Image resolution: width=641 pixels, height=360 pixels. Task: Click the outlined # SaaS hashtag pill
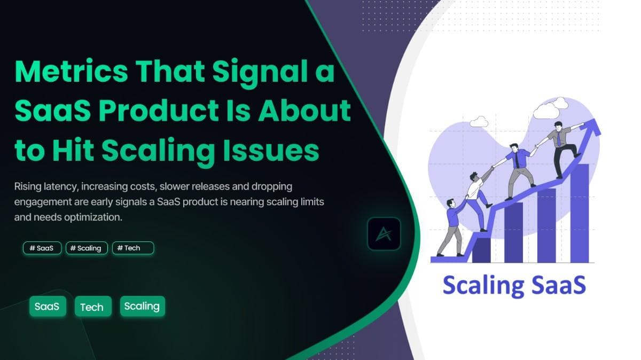[42, 248]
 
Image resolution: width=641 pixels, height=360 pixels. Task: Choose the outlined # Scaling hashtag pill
[87, 248]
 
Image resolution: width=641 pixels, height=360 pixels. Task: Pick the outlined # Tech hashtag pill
[132, 248]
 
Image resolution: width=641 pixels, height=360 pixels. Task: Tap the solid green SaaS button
[47, 307]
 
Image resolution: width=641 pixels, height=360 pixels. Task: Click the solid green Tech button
[92, 307]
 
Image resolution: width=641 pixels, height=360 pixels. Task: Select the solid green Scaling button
[142, 306]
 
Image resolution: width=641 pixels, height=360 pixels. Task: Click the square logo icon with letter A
[384, 234]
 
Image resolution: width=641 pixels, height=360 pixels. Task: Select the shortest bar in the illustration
[481, 250]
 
